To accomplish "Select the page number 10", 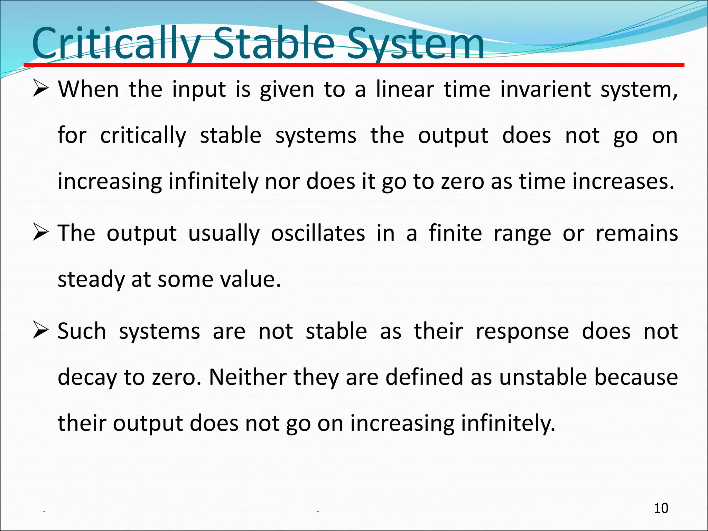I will point(661,508).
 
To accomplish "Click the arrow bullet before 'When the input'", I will point(40,88).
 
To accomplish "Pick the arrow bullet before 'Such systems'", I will point(40,330).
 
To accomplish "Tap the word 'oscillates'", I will point(318,233).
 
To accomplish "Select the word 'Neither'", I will point(248,377).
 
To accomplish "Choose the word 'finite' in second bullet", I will point(455,233).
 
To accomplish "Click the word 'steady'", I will point(91,279).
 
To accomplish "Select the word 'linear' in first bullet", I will point(404,89).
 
